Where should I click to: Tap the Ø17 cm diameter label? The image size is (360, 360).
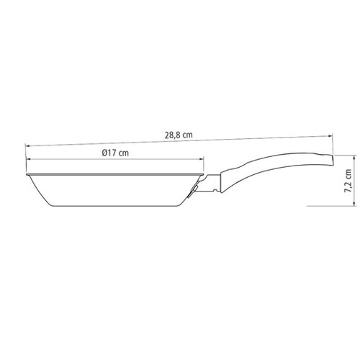(x=114, y=153)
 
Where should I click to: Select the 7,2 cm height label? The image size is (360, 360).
(x=348, y=181)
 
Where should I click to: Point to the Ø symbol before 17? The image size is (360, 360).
(x=104, y=153)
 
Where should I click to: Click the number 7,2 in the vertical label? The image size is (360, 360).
(x=348, y=186)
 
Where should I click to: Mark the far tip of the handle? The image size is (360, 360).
(x=334, y=152)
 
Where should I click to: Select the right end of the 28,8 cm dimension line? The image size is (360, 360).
(x=331, y=133)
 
